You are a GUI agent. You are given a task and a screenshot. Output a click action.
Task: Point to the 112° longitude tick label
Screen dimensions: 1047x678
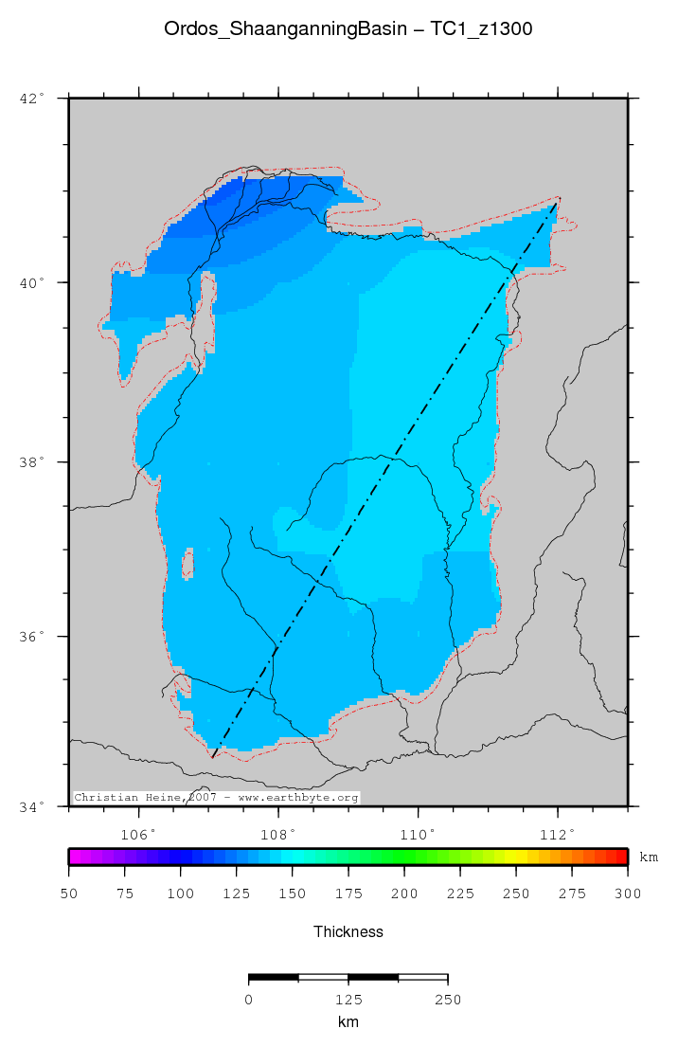click(x=558, y=834)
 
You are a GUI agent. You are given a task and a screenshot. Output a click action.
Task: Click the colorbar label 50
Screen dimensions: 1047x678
click(x=69, y=894)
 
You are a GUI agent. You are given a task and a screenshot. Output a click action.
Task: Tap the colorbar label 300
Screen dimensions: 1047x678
click(x=627, y=894)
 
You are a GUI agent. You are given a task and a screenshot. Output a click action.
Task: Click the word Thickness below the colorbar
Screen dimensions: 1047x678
click(x=348, y=932)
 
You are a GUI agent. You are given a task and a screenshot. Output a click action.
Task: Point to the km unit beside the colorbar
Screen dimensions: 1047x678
click(x=649, y=857)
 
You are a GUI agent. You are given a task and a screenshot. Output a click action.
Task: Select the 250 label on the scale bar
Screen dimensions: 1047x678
click(x=447, y=999)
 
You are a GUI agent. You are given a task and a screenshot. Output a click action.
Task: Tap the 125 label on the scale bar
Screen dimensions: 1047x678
click(x=348, y=999)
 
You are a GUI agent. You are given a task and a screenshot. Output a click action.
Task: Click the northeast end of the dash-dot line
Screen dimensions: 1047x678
click(x=559, y=198)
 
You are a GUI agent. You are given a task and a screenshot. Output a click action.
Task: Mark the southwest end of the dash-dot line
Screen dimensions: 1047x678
click(x=212, y=757)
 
